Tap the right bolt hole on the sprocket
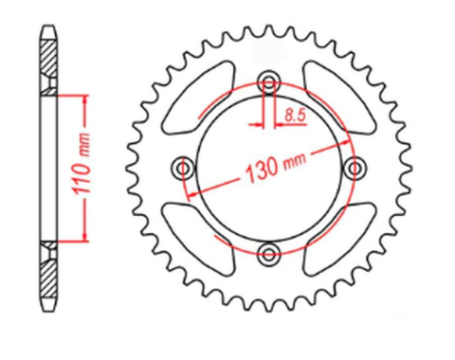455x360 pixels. (x=357, y=167)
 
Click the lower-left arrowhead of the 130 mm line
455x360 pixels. (x=191, y=192)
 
